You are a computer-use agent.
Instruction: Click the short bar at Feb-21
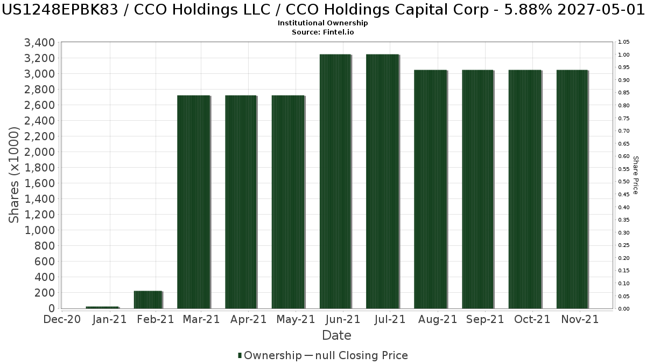click(x=148, y=300)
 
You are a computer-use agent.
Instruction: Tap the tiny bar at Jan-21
click(x=102, y=307)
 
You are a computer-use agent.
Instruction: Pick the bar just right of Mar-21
click(x=193, y=202)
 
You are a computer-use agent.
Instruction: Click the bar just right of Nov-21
click(x=572, y=189)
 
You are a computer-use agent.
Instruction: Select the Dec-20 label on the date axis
click(x=62, y=319)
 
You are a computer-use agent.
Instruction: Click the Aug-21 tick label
click(x=436, y=319)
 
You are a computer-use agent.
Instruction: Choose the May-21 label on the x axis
click(x=296, y=319)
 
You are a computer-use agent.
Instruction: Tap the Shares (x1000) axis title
click(x=15, y=175)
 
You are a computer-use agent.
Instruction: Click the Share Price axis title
click(x=636, y=175)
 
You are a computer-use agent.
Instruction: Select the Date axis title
click(x=336, y=335)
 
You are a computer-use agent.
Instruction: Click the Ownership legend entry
click(x=270, y=355)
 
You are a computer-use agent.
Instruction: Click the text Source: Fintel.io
click(x=322, y=32)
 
